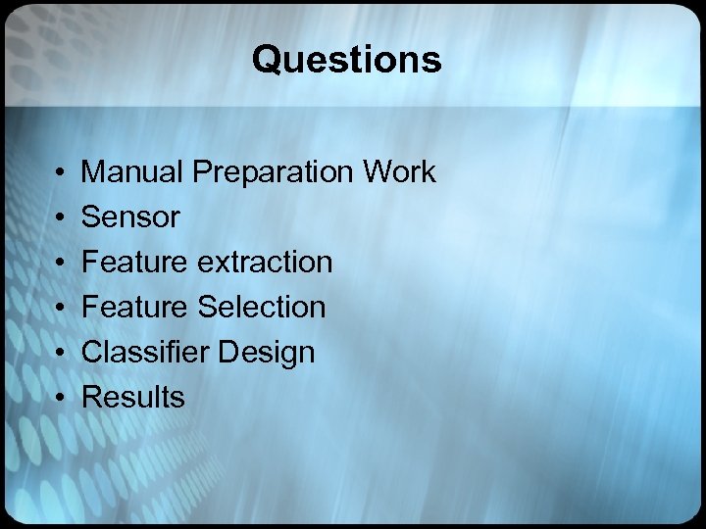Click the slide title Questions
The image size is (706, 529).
point(346,61)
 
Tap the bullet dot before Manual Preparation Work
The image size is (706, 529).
point(61,172)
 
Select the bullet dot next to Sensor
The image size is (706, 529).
point(61,217)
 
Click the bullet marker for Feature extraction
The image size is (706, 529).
point(61,263)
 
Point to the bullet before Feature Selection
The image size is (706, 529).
point(61,308)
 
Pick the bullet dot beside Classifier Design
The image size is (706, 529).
point(61,353)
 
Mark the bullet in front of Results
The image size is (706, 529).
point(61,398)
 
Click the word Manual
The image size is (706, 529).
point(133,172)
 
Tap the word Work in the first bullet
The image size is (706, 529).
point(399,172)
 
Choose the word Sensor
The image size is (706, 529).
point(130,217)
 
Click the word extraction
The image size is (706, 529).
point(265,263)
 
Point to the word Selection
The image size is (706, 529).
point(261,308)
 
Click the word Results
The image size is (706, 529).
point(132,398)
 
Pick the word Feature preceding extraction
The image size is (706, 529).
point(135,263)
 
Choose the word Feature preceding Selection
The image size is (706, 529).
point(135,308)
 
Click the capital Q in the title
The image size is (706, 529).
point(266,61)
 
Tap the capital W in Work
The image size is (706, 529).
point(378,172)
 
